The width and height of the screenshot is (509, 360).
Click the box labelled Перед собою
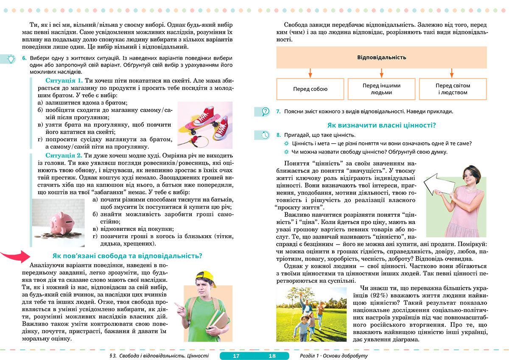310,89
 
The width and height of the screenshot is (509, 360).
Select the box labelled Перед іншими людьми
381,89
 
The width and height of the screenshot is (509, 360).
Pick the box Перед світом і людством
452,89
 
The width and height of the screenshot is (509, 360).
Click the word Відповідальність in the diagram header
381,57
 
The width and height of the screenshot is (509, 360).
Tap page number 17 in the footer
236,356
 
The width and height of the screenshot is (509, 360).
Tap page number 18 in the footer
272,356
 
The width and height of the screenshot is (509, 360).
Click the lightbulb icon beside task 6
11,59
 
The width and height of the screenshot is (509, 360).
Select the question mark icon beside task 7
266,112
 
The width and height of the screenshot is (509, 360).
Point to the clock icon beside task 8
266,135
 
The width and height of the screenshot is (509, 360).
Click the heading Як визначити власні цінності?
382,125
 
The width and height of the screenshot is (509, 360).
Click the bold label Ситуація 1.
64,80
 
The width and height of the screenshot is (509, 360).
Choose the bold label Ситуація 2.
64,155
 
